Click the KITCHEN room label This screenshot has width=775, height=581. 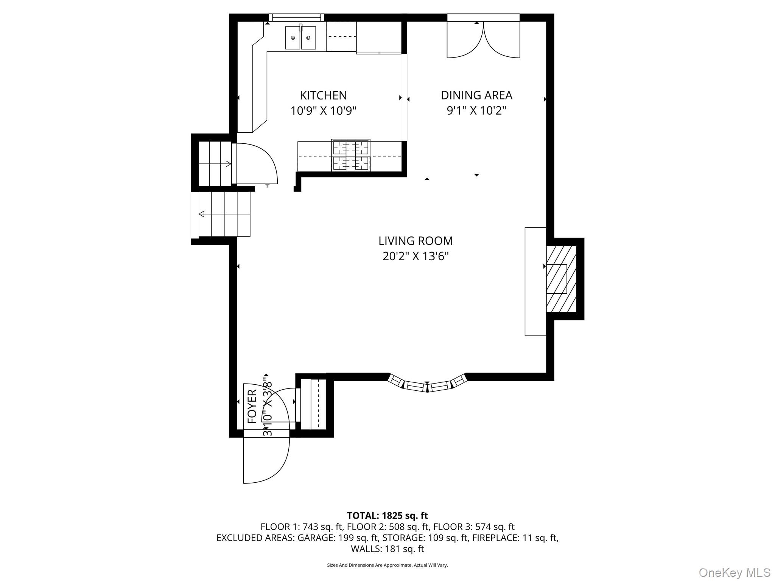click(x=323, y=95)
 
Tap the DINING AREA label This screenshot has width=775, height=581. click(x=476, y=95)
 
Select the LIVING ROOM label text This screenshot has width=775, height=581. click(x=416, y=241)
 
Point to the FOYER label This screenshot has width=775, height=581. click(x=252, y=406)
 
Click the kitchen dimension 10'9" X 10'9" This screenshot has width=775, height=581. click(x=323, y=111)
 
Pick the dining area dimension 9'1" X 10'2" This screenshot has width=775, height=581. click(x=476, y=111)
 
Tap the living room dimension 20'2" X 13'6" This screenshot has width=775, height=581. click(x=416, y=256)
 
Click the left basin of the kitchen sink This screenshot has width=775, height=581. click(x=293, y=38)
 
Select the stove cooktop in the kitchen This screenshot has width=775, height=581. click(x=351, y=155)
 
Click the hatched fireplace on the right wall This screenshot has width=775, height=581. click(x=561, y=279)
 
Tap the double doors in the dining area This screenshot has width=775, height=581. click(x=483, y=40)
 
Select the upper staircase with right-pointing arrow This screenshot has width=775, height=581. click(x=215, y=163)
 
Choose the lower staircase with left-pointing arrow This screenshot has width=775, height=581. click(x=224, y=214)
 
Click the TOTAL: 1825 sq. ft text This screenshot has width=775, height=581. click(x=387, y=516)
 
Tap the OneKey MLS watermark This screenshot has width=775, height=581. click(x=735, y=572)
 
